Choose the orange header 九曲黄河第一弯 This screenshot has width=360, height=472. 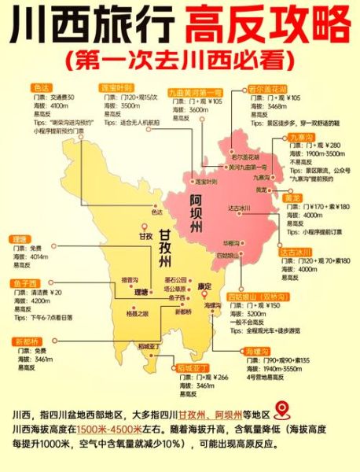[x=196, y=92]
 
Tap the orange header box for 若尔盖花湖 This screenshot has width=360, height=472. [x=266, y=88]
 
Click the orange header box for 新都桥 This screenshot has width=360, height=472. [x=24, y=341]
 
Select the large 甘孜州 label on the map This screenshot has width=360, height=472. [x=170, y=247]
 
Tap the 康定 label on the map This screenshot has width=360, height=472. [x=204, y=286]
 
